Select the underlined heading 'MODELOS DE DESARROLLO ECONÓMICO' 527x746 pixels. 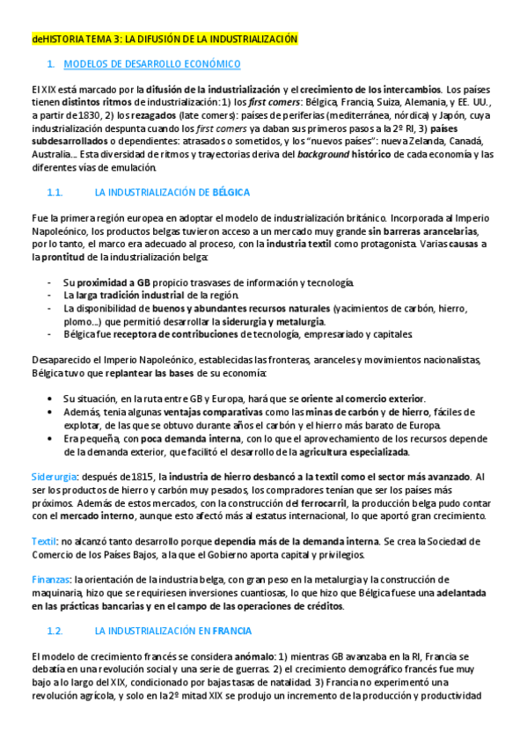(x=152, y=64)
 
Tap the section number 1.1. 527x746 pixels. (x=55, y=192)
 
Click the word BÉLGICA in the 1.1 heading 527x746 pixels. (x=231, y=192)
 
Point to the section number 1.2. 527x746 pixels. (x=55, y=631)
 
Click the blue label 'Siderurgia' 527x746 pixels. (x=52, y=476)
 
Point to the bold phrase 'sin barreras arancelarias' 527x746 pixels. (x=419, y=230)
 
